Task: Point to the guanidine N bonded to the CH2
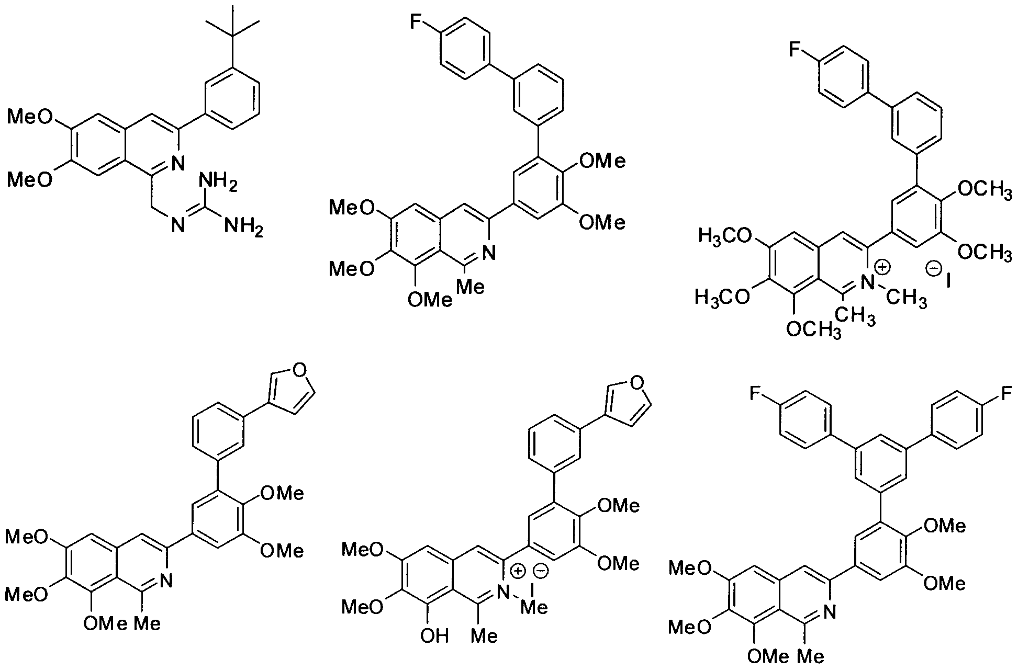[178, 226]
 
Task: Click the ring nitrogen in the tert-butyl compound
[178, 164]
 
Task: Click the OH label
[435, 636]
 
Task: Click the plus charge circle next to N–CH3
[882, 267]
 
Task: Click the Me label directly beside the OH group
[485, 636]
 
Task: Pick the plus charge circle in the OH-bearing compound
[518, 571]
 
